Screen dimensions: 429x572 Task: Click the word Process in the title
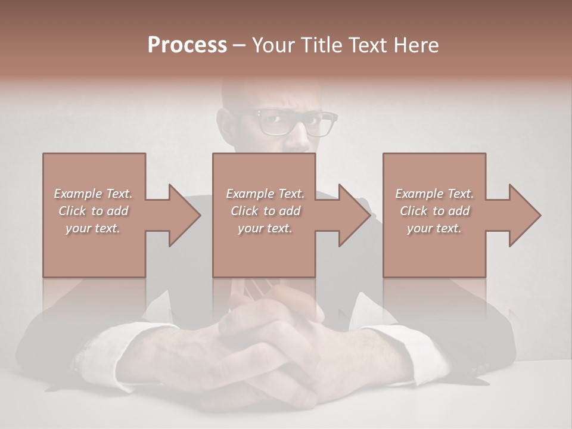tap(187, 45)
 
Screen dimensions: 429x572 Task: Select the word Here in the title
tap(416, 45)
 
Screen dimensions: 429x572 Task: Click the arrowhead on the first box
tap(184, 215)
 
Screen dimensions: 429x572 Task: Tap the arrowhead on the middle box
tap(354, 215)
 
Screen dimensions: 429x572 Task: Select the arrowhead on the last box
tap(524, 215)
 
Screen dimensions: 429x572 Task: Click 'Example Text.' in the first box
tap(93, 194)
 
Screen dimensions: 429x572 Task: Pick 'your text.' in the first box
tap(93, 228)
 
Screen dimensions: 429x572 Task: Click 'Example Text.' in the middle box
tap(265, 194)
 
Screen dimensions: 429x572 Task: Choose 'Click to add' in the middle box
tap(265, 211)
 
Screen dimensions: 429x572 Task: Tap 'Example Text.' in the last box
tap(434, 194)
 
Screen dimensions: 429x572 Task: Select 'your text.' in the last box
tap(434, 228)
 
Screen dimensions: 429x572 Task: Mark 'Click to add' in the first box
tap(93, 211)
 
